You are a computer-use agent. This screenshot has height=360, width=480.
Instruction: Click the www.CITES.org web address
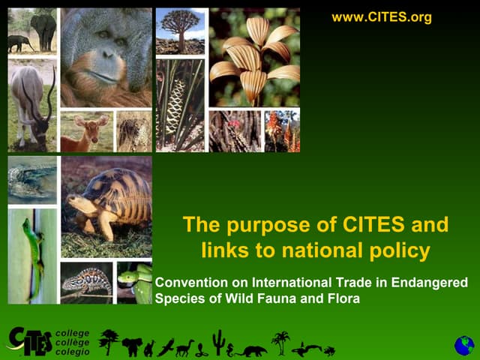(x=382, y=17)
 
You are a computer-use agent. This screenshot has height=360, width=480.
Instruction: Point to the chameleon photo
(x=86, y=282)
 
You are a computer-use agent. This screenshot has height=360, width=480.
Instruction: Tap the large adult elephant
(x=43, y=28)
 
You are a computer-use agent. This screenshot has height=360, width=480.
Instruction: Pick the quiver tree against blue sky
(x=180, y=30)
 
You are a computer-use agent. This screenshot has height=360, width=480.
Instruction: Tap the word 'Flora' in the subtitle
(x=343, y=298)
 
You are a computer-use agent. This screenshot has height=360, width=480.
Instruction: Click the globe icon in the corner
(x=464, y=345)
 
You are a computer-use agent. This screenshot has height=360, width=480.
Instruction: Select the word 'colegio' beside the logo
(x=73, y=352)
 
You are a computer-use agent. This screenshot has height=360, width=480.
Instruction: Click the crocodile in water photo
(x=31, y=181)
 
